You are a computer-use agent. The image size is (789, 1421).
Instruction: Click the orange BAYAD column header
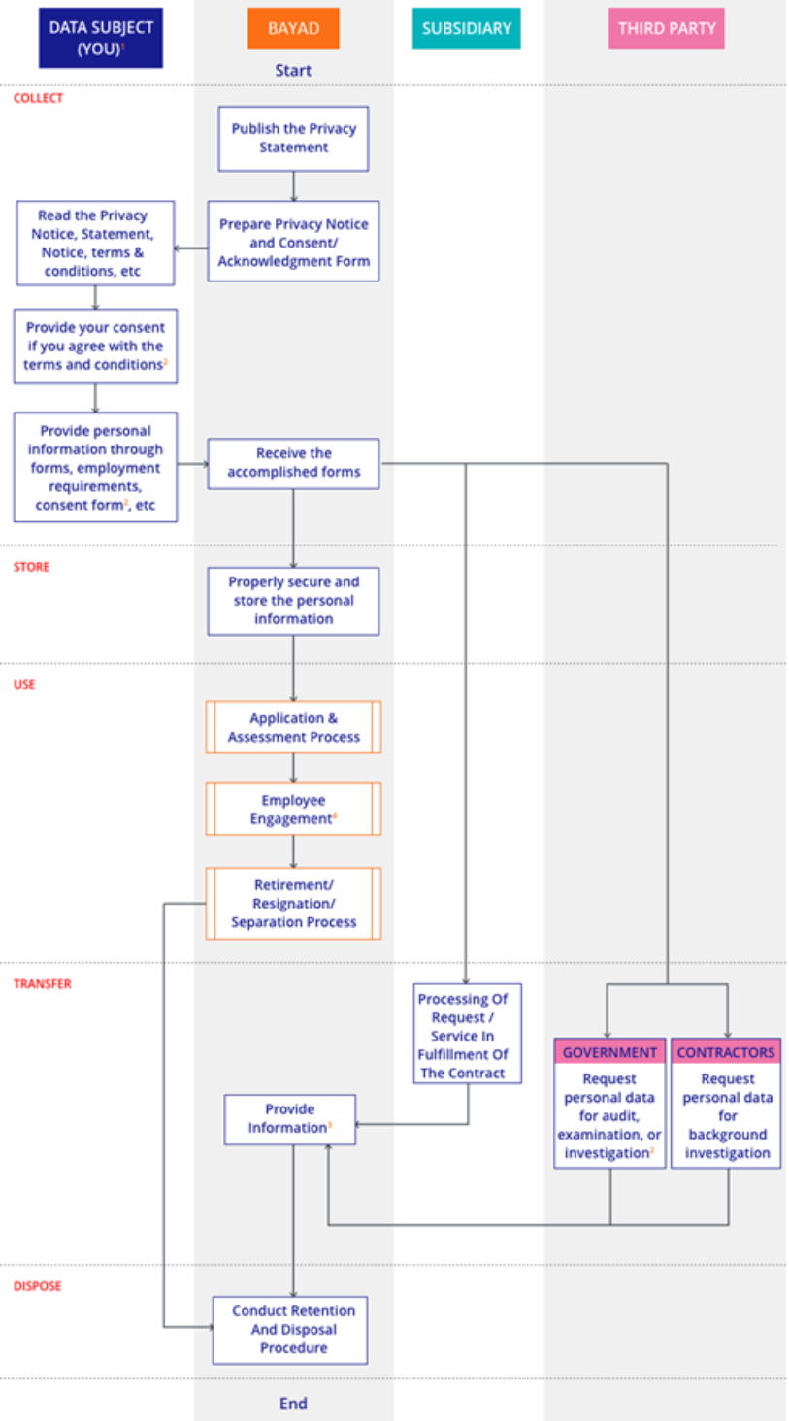[293, 28]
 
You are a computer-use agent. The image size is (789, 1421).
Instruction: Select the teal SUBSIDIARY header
[466, 28]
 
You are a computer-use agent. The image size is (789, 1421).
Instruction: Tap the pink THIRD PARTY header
[667, 28]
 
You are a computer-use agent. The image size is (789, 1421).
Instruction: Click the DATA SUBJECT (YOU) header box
[101, 39]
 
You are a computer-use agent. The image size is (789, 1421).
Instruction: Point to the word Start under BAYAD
[293, 70]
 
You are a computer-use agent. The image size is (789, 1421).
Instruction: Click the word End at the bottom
[293, 1403]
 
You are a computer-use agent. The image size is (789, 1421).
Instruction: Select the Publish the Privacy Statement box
[293, 138]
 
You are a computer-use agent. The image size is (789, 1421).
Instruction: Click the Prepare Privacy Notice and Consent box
[293, 242]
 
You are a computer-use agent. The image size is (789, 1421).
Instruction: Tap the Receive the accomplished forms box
[293, 463]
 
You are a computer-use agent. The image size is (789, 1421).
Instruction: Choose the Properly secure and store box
[293, 601]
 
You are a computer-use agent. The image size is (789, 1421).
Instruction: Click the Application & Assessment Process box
[293, 727]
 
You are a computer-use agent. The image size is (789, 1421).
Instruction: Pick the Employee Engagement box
[293, 810]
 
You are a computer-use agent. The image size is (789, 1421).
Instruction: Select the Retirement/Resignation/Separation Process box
[293, 904]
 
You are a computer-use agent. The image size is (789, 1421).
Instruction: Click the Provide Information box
[290, 1119]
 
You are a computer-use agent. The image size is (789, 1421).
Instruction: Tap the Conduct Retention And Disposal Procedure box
[290, 1329]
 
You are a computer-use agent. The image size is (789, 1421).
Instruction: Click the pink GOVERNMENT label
[609, 1052]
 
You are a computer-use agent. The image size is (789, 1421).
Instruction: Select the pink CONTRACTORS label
[726, 1052]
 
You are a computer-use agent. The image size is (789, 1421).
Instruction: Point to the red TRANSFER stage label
[43, 983]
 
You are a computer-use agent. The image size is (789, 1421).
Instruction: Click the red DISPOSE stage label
[38, 1285]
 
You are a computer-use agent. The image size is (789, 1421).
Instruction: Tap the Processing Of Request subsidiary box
[463, 1035]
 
